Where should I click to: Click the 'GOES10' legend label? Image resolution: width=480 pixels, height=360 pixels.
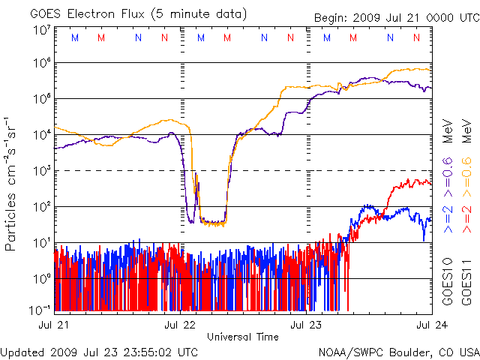(448, 283)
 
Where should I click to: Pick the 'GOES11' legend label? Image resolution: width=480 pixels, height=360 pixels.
(465, 283)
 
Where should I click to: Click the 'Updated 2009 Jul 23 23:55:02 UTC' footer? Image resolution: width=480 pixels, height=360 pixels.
(100, 352)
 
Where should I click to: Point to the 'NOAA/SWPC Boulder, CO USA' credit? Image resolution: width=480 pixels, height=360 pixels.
(397, 352)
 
